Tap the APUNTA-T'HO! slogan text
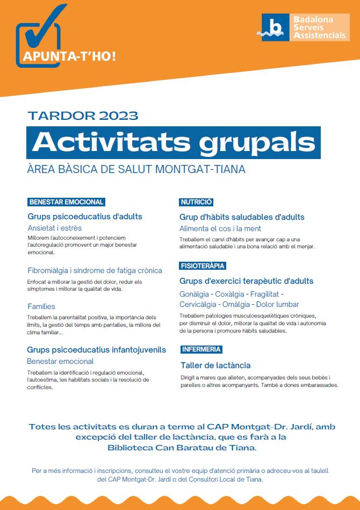click(x=69, y=56)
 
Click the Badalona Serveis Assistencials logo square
click(x=275, y=27)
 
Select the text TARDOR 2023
click(x=83, y=116)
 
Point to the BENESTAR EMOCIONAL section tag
click(x=66, y=202)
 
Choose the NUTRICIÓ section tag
click(x=196, y=202)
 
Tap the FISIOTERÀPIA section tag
click(x=203, y=265)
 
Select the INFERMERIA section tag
click(x=201, y=349)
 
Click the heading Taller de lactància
click(x=215, y=365)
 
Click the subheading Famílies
click(x=41, y=306)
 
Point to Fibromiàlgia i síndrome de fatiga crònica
click(x=95, y=270)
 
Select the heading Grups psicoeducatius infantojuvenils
click(x=96, y=350)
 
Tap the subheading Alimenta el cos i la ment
click(x=220, y=228)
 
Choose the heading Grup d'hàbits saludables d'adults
click(x=242, y=217)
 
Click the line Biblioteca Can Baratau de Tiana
click(x=182, y=447)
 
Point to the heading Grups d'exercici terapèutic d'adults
click(x=246, y=281)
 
